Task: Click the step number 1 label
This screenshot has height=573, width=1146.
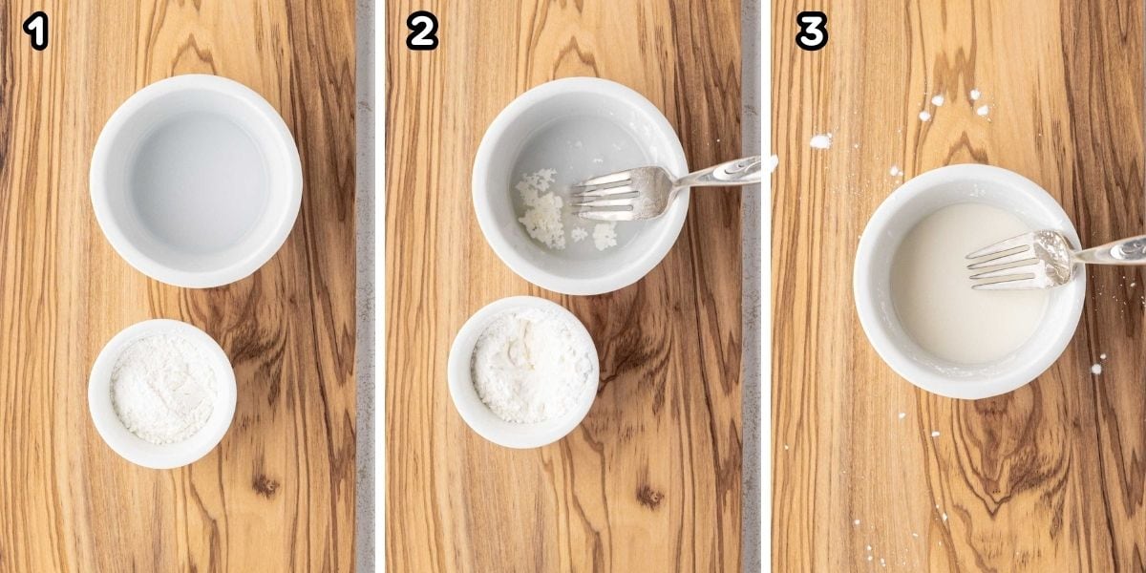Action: pyautogui.click(x=35, y=32)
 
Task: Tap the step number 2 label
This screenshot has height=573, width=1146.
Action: pyautogui.click(x=421, y=32)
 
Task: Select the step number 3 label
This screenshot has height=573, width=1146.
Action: pyautogui.click(x=811, y=32)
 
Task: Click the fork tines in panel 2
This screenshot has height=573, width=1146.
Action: pyautogui.click(x=611, y=196)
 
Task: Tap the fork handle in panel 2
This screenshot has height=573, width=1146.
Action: pyautogui.click(x=726, y=173)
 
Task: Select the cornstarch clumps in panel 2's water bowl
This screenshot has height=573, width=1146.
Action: pyautogui.click(x=542, y=205)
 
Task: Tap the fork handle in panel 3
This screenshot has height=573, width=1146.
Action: pyautogui.click(x=1113, y=251)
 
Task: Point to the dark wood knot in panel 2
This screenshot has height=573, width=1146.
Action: pyautogui.click(x=649, y=495)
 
